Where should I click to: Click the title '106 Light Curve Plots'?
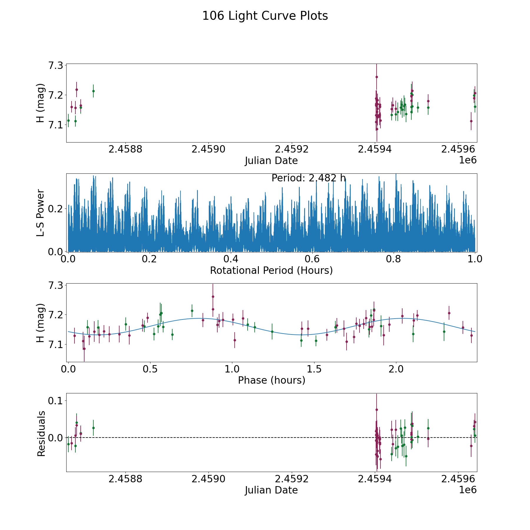coord(265,16)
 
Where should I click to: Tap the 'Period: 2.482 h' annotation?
coord(308,178)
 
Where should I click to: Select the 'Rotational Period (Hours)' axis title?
coord(271,270)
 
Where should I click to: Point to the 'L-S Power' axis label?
coord(41,213)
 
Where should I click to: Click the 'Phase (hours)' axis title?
coord(271,380)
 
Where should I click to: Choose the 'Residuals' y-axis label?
coord(41,433)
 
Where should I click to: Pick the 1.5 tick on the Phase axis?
coord(314,369)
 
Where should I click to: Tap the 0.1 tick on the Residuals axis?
coord(56,401)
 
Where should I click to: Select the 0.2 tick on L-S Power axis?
coord(56,208)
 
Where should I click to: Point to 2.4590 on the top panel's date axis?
coord(208,149)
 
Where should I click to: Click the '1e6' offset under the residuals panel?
coord(468,490)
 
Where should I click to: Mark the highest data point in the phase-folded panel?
coord(213,297)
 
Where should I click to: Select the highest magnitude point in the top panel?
coord(377,77)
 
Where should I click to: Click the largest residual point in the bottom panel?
coord(377,410)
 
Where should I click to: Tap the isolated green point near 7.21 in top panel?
coord(93,91)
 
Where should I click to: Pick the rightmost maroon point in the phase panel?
coord(471,335)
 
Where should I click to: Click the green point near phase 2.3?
coord(444,332)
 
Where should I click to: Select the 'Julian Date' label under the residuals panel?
coord(271,490)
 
